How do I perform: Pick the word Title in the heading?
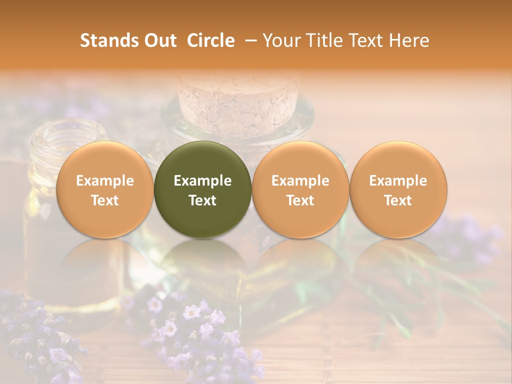pyautogui.click(x=323, y=41)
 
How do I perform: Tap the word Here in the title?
pyautogui.click(x=410, y=41)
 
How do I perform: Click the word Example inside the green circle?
pyautogui.click(x=203, y=181)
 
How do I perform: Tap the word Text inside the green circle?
pyautogui.click(x=203, y=201)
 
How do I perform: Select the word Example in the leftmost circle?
pyautogui.click(x=105, y=181)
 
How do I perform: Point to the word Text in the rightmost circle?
pyautogui.click(x=398, y=201)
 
